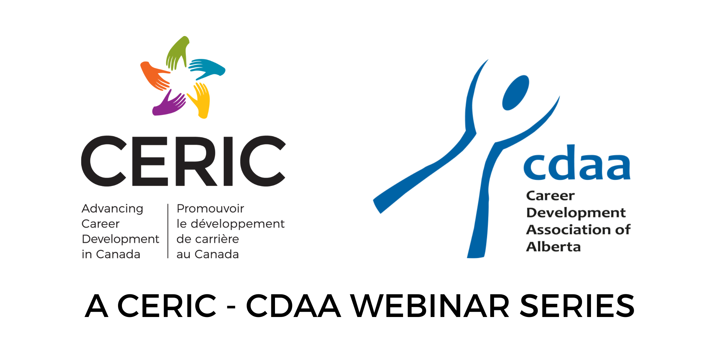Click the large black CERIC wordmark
[183, 161]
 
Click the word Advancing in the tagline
[112, 209]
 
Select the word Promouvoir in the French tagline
[210, 209]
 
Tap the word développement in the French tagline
[238, 224]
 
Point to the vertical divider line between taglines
[168, 231]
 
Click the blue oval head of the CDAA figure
[515, 93]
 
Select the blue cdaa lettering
[577, 163]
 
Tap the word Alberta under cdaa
[553, 247]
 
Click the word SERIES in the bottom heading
[577, 306]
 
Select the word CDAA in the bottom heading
[293, 306]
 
